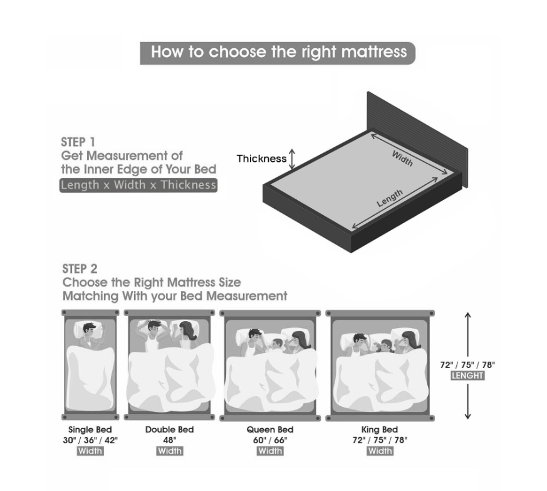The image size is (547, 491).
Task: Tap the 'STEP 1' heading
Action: [78, 142]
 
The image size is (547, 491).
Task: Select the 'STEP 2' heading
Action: [80, 269]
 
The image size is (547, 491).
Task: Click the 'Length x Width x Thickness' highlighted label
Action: [138, 185]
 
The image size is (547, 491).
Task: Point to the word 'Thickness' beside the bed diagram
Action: [262, 159]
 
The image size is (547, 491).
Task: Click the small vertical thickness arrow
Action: [293, 159]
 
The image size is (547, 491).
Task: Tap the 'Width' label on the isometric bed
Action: [402, 159]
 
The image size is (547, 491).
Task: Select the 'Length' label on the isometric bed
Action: [390, 198]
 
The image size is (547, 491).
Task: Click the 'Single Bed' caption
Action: [90, 430]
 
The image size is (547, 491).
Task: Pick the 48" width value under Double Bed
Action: [170, 440]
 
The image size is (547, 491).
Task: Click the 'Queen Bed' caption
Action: [270, 430]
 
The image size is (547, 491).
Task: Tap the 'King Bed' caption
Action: [380, 430]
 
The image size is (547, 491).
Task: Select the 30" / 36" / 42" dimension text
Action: [90, 440]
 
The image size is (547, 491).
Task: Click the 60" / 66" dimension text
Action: [270, 440]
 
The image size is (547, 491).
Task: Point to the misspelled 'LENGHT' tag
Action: [467, 376]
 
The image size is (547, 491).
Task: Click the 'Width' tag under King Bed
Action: [380, 451]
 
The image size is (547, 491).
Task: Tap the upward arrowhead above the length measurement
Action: [468, 315]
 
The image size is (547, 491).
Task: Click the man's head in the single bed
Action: [90, 329]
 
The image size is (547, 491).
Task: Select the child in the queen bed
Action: [277, 344]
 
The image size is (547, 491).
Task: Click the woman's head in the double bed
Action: [187, 330]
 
